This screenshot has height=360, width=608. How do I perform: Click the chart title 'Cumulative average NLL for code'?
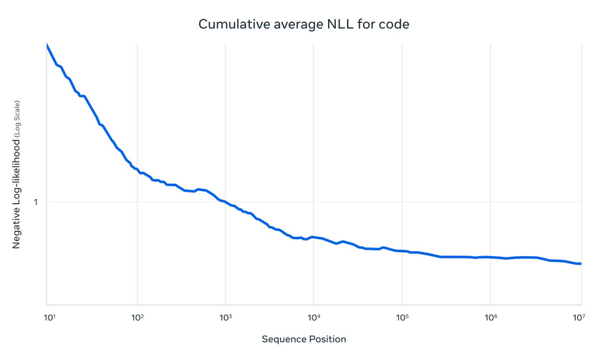pos(304,25)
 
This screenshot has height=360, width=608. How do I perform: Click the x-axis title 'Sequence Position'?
pos(304,339)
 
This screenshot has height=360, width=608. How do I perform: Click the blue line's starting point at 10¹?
pos(47,45)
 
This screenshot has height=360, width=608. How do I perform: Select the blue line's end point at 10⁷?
pos(580,263)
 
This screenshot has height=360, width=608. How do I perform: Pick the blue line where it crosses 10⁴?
pos(314,236)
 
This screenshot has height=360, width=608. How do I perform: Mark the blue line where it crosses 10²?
pos(137,170)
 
